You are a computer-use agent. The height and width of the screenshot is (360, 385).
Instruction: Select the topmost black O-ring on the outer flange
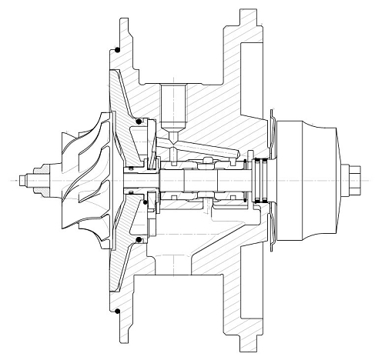point(116,51)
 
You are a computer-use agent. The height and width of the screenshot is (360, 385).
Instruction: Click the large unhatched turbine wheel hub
point(308,180)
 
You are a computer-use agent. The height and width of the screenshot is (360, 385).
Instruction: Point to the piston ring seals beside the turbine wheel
point(263,180)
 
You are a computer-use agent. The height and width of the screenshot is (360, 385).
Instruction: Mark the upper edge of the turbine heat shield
point(271,123)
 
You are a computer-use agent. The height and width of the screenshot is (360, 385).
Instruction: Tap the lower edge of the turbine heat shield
point(271,238)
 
